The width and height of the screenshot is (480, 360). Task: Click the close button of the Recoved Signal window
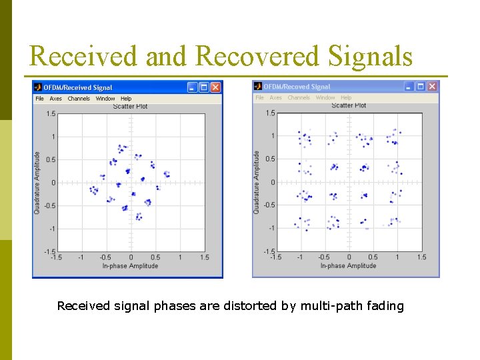coord(432,87)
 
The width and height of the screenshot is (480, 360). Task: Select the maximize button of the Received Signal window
coord(204,87)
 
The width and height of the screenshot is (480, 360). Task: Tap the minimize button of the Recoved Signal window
coord(408,87)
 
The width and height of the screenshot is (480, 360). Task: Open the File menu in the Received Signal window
coord(39,99)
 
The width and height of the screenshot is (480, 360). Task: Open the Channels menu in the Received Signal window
coord(79,99)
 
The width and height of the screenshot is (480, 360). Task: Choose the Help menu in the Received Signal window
coord(126,99)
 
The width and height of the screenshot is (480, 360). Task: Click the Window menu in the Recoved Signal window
coord(325,98)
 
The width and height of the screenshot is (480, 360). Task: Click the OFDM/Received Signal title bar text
coord(78,87)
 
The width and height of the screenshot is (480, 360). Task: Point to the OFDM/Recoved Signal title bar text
coord(297,87)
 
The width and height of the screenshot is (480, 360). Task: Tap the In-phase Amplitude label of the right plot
coord(348,265)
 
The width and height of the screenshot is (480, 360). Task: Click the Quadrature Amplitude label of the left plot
coord(37,182)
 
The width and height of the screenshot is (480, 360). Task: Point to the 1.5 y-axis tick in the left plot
coord(51,114)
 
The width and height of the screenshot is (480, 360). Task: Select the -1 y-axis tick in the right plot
coord(271,228)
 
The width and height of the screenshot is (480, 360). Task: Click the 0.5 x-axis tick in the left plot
coord(155,257)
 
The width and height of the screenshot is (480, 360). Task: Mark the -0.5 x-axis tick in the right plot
coord(323,257)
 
